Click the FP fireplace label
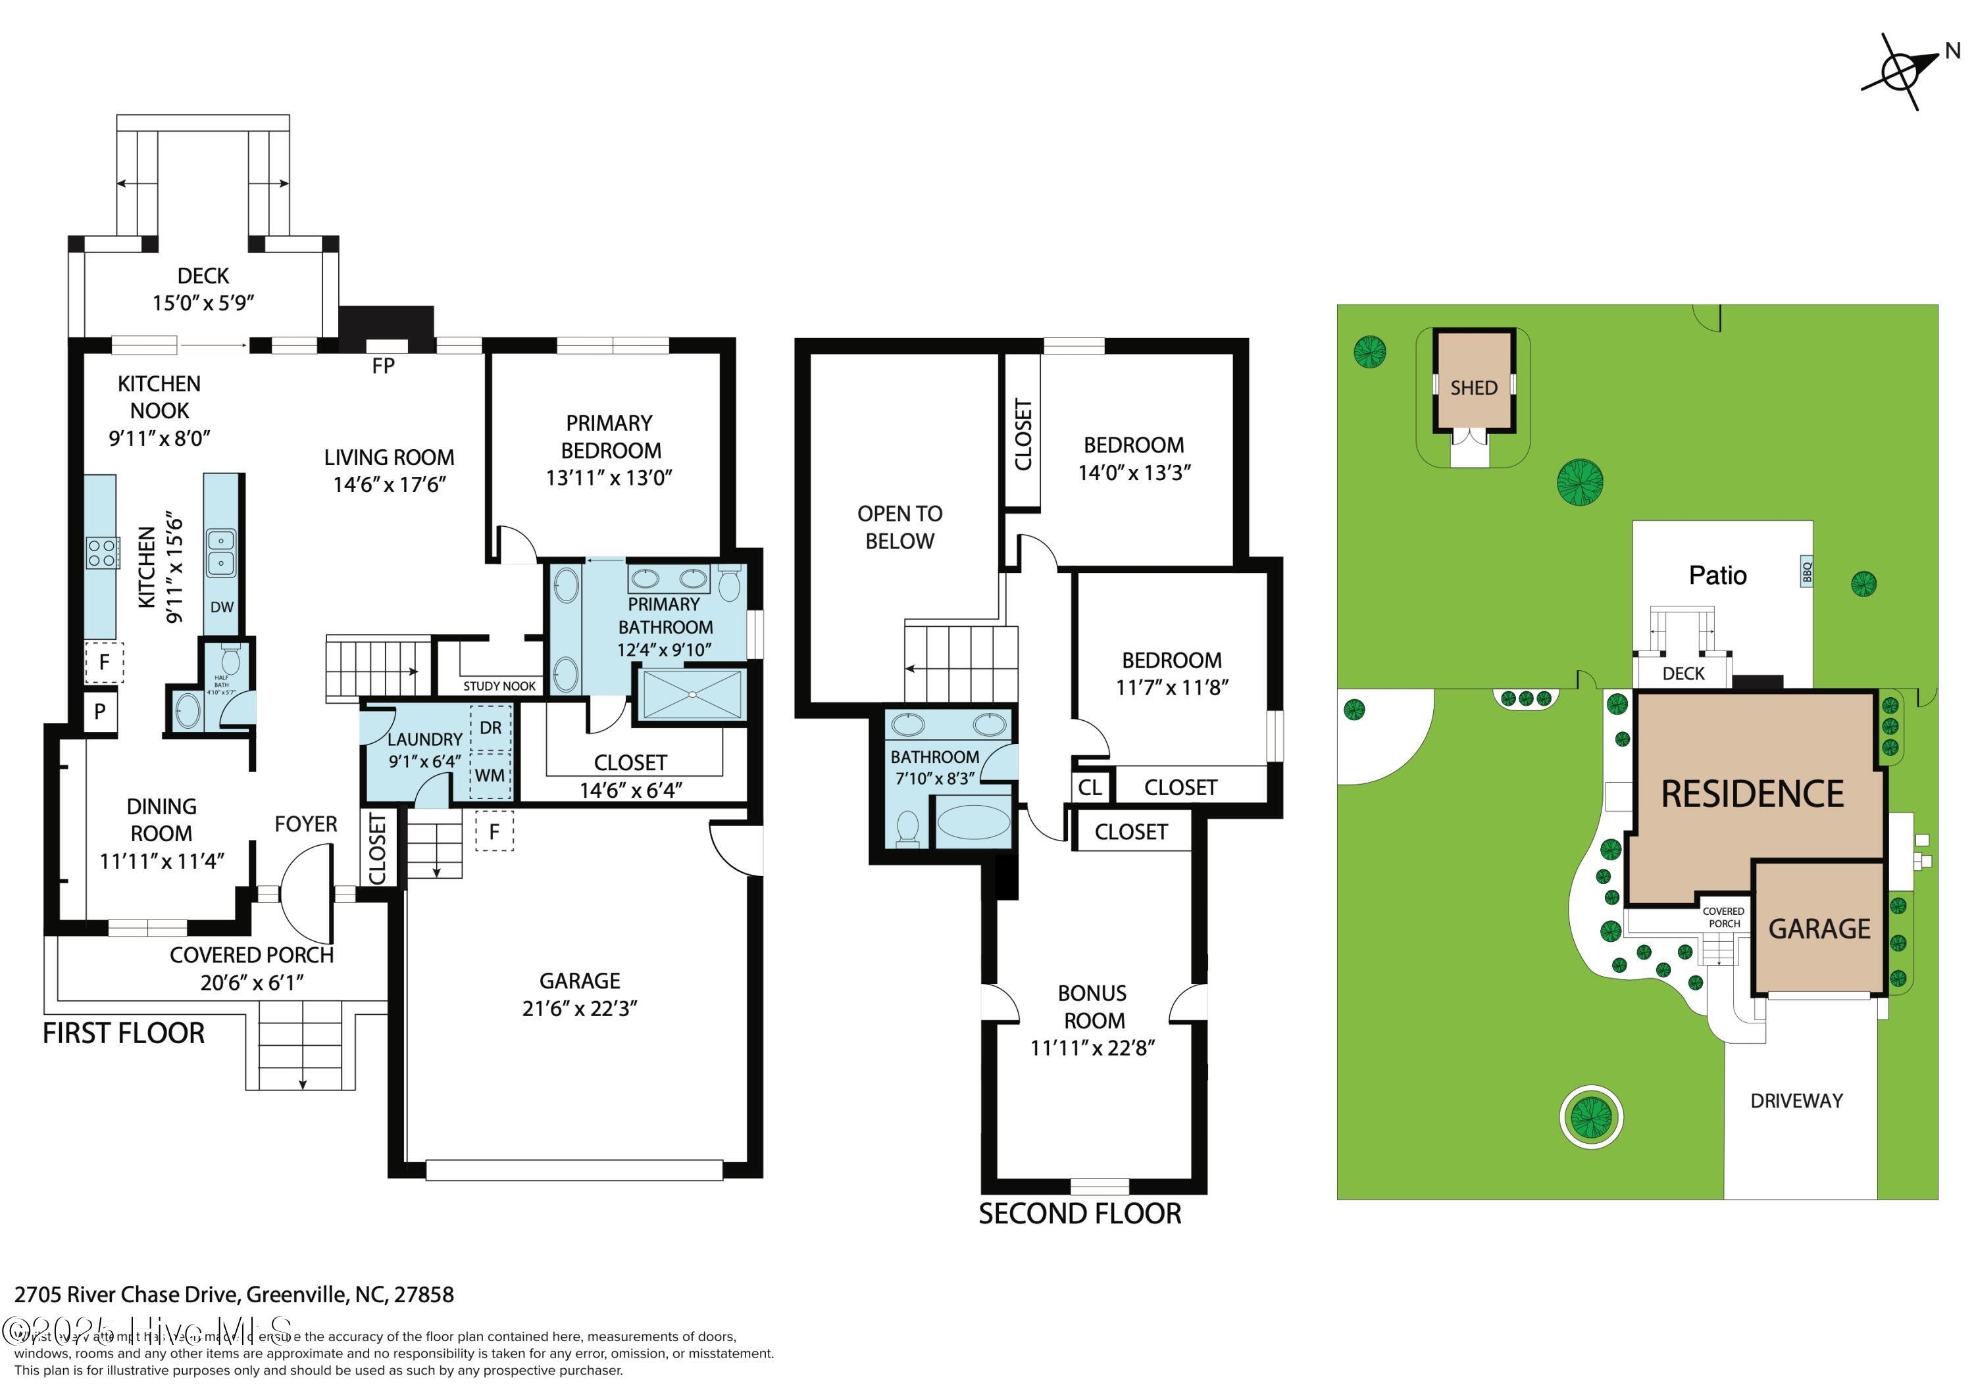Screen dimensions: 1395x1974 [384, 366]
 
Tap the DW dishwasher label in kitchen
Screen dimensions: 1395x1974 [222, 607]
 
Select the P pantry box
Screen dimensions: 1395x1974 [101, 712]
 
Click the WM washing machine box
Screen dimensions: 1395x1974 [490, 775]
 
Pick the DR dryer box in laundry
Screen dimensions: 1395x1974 [490, 728]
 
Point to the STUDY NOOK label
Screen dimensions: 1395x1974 [499, 686]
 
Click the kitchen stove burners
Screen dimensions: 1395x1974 [102, 552]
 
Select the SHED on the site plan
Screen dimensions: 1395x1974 [1474, 387]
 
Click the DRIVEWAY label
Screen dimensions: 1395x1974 [1796, 1101]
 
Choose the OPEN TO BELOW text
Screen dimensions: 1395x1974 [899, 527]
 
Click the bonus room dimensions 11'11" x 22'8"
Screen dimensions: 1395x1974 [1092, 1048]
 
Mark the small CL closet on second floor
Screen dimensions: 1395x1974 [1089, 787]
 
